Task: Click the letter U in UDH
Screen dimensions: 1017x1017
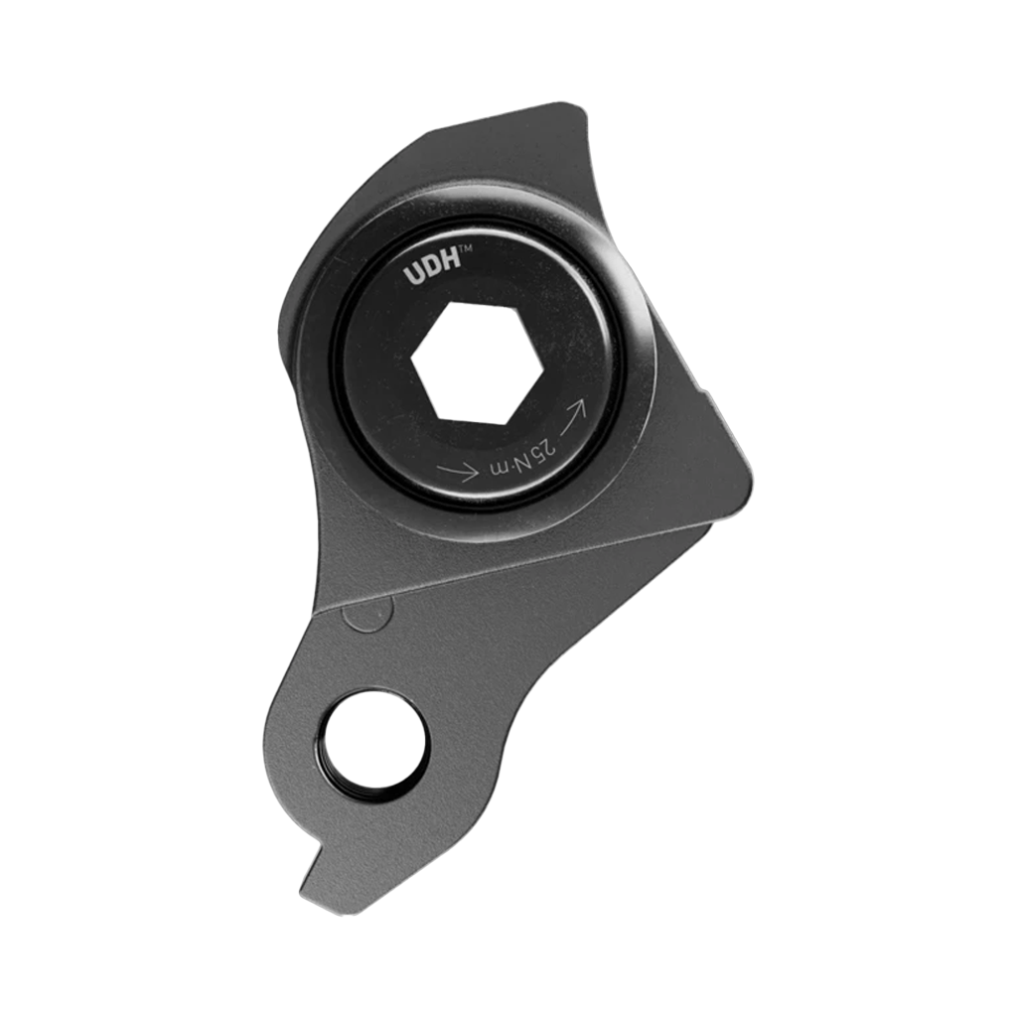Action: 412,276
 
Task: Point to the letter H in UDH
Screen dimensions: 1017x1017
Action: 446,268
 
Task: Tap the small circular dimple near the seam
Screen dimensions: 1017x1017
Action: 363,616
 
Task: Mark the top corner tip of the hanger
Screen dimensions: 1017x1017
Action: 572,106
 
